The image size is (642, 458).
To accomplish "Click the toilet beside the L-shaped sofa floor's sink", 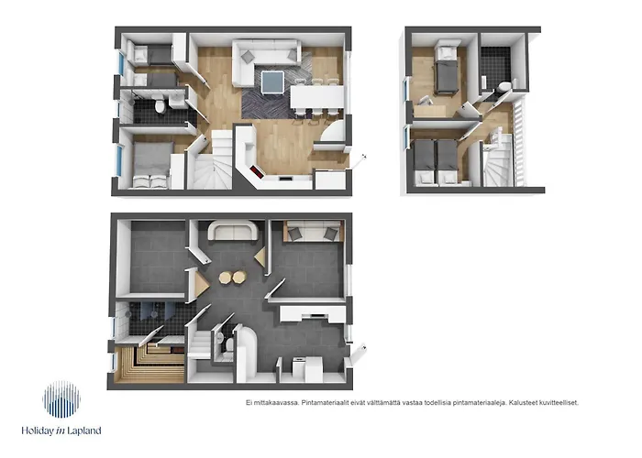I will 161,108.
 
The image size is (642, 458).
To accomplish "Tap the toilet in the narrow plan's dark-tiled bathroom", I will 505,88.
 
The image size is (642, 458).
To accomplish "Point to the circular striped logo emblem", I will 61,400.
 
